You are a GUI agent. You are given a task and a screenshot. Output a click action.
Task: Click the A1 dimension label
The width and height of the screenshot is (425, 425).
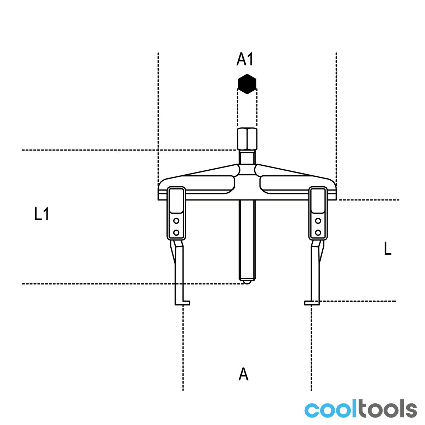[x=245, y=59]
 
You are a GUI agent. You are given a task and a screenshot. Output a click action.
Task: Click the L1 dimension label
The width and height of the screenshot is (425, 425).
[x=41, y=214]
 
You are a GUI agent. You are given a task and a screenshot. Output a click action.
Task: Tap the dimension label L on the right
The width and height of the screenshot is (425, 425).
[x=387, y=248]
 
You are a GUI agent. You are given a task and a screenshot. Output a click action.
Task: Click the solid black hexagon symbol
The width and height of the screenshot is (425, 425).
[x=247, y=84]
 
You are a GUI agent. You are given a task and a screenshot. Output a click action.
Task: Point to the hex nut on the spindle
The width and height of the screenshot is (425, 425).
[x=247, y=139]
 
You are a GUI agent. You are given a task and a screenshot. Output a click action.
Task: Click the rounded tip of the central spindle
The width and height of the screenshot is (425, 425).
[x=247, y=282]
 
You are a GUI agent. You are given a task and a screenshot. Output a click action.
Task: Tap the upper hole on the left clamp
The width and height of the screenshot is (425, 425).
[x=176, y=221]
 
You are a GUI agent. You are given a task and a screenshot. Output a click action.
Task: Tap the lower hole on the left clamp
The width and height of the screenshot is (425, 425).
[x=176, y=232]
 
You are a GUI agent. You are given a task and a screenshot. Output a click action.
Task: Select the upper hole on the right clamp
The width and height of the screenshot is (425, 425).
[x=318, y=221]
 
